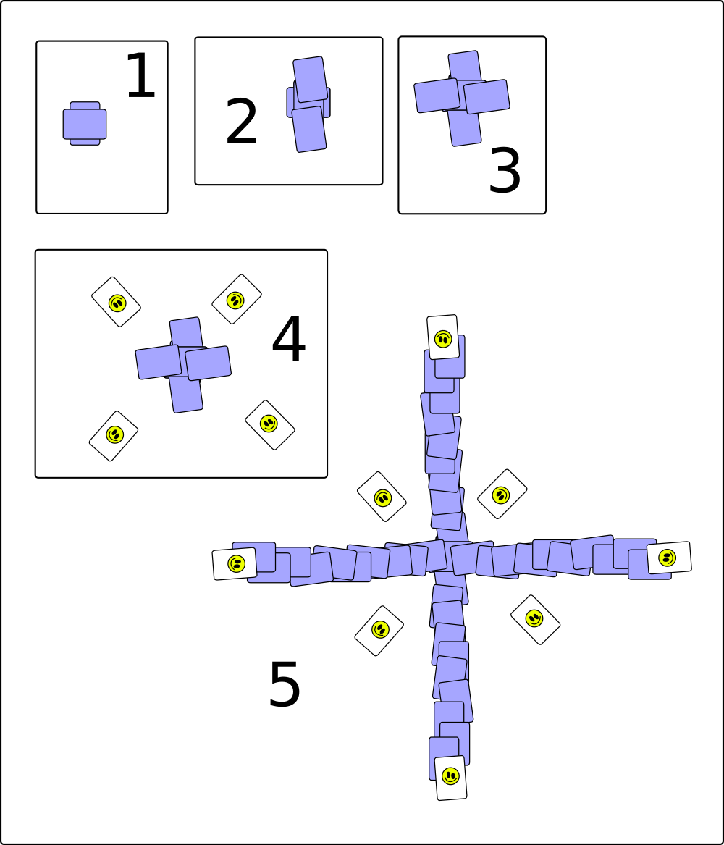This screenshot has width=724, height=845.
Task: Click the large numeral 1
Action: (140, 76)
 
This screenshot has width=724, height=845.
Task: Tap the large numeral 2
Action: (241, 122)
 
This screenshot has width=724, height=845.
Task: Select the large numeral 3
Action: (505, 171)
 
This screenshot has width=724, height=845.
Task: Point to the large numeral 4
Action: (289, 340)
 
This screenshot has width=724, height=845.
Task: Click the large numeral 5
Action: (285, 685)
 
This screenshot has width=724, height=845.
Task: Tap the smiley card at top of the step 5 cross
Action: (443, 337)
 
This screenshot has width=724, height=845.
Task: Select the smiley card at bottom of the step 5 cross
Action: (450, 778)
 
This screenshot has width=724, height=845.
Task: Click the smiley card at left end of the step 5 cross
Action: (235, 563)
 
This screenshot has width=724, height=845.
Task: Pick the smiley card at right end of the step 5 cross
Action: (668, 558)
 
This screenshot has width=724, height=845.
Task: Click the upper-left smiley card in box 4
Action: (117, 302)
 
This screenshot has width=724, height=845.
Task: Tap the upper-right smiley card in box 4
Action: (237, 299)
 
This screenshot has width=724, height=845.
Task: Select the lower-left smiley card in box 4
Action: (114, 435)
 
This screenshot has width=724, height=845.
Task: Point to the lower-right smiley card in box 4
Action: (270, 424)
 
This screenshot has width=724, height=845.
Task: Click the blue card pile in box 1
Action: (85, 123)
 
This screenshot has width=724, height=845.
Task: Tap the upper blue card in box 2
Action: (311, 79)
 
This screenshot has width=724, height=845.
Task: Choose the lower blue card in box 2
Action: (309, 130)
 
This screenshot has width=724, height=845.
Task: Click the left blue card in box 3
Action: (437, 96)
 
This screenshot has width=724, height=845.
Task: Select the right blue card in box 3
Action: (487, 96)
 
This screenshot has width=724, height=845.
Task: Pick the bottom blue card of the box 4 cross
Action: (186, 394)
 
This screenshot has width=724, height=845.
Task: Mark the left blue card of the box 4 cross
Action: (159, 362)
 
